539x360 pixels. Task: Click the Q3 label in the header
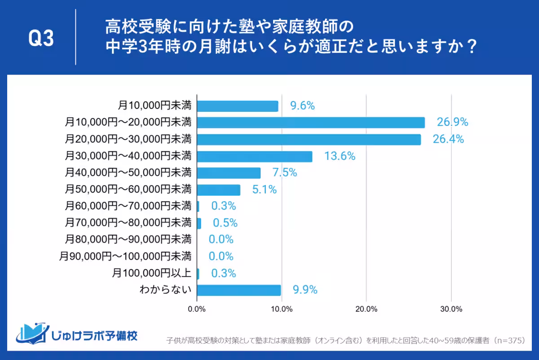coord(41,39)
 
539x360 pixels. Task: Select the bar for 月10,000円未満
coord(238,106)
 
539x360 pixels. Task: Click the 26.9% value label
coord(452,122)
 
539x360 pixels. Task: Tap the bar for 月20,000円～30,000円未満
coord(309,140)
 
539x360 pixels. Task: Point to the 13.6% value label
coord(340,156)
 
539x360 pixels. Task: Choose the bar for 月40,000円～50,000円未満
coord(229,173)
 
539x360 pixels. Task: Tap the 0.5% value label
coord(225,223)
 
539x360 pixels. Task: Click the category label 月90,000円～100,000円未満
coord(125,256)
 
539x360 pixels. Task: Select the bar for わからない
coord(239,290)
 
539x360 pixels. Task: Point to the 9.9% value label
coord(305,290)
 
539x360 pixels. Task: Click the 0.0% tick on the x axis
coord(197,309)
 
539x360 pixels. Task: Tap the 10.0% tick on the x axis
coord(282,309)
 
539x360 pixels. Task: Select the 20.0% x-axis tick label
coord(366,309)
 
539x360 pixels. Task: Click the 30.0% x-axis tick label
coord(451,309)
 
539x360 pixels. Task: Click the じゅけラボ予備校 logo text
coord(94,335)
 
